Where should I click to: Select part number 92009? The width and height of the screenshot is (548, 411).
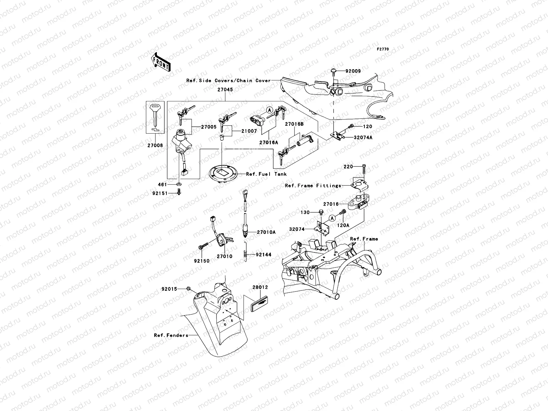[x=353, y=71]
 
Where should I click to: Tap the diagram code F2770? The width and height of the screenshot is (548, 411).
[x=383, y=49]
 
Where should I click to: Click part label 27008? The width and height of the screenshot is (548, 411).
[x=155, y=145]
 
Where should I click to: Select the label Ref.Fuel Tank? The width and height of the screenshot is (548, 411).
[x=266, y=174]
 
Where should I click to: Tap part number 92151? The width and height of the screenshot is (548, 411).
[x=160, y=193]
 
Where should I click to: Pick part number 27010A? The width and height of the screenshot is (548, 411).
[x=266, y=232]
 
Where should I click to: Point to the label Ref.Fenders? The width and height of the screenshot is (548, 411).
[x=171, y=335]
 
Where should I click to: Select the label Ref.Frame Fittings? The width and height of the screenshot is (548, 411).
[x=313, y=186]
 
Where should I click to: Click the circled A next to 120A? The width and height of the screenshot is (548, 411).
[x=332, y=218]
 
